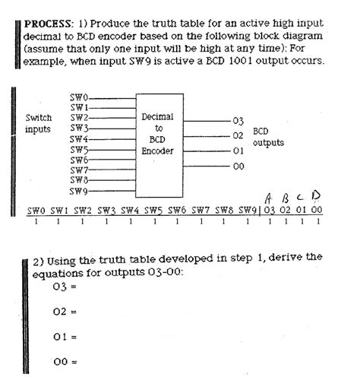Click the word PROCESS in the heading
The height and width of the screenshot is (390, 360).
coord(48,24)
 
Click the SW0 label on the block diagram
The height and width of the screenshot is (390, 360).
coord(79,97)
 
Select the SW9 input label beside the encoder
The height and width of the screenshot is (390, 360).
coord(79,191)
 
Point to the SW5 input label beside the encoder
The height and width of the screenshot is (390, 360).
coord(79,150)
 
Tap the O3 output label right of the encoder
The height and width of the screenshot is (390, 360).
coord(238,122)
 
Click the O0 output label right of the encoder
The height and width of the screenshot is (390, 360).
coord(238,165)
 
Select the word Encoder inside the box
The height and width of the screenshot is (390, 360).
coord(158,151)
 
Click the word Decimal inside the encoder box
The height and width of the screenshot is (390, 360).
coord(158,117)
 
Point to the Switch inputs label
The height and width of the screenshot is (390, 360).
coord(39,124)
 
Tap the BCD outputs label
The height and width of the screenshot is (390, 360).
coord(268,137)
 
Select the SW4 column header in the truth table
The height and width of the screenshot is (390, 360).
coord(130,211)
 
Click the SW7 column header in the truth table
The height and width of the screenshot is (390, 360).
coord(201,211)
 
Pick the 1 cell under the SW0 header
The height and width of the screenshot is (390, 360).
coord(36,222)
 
